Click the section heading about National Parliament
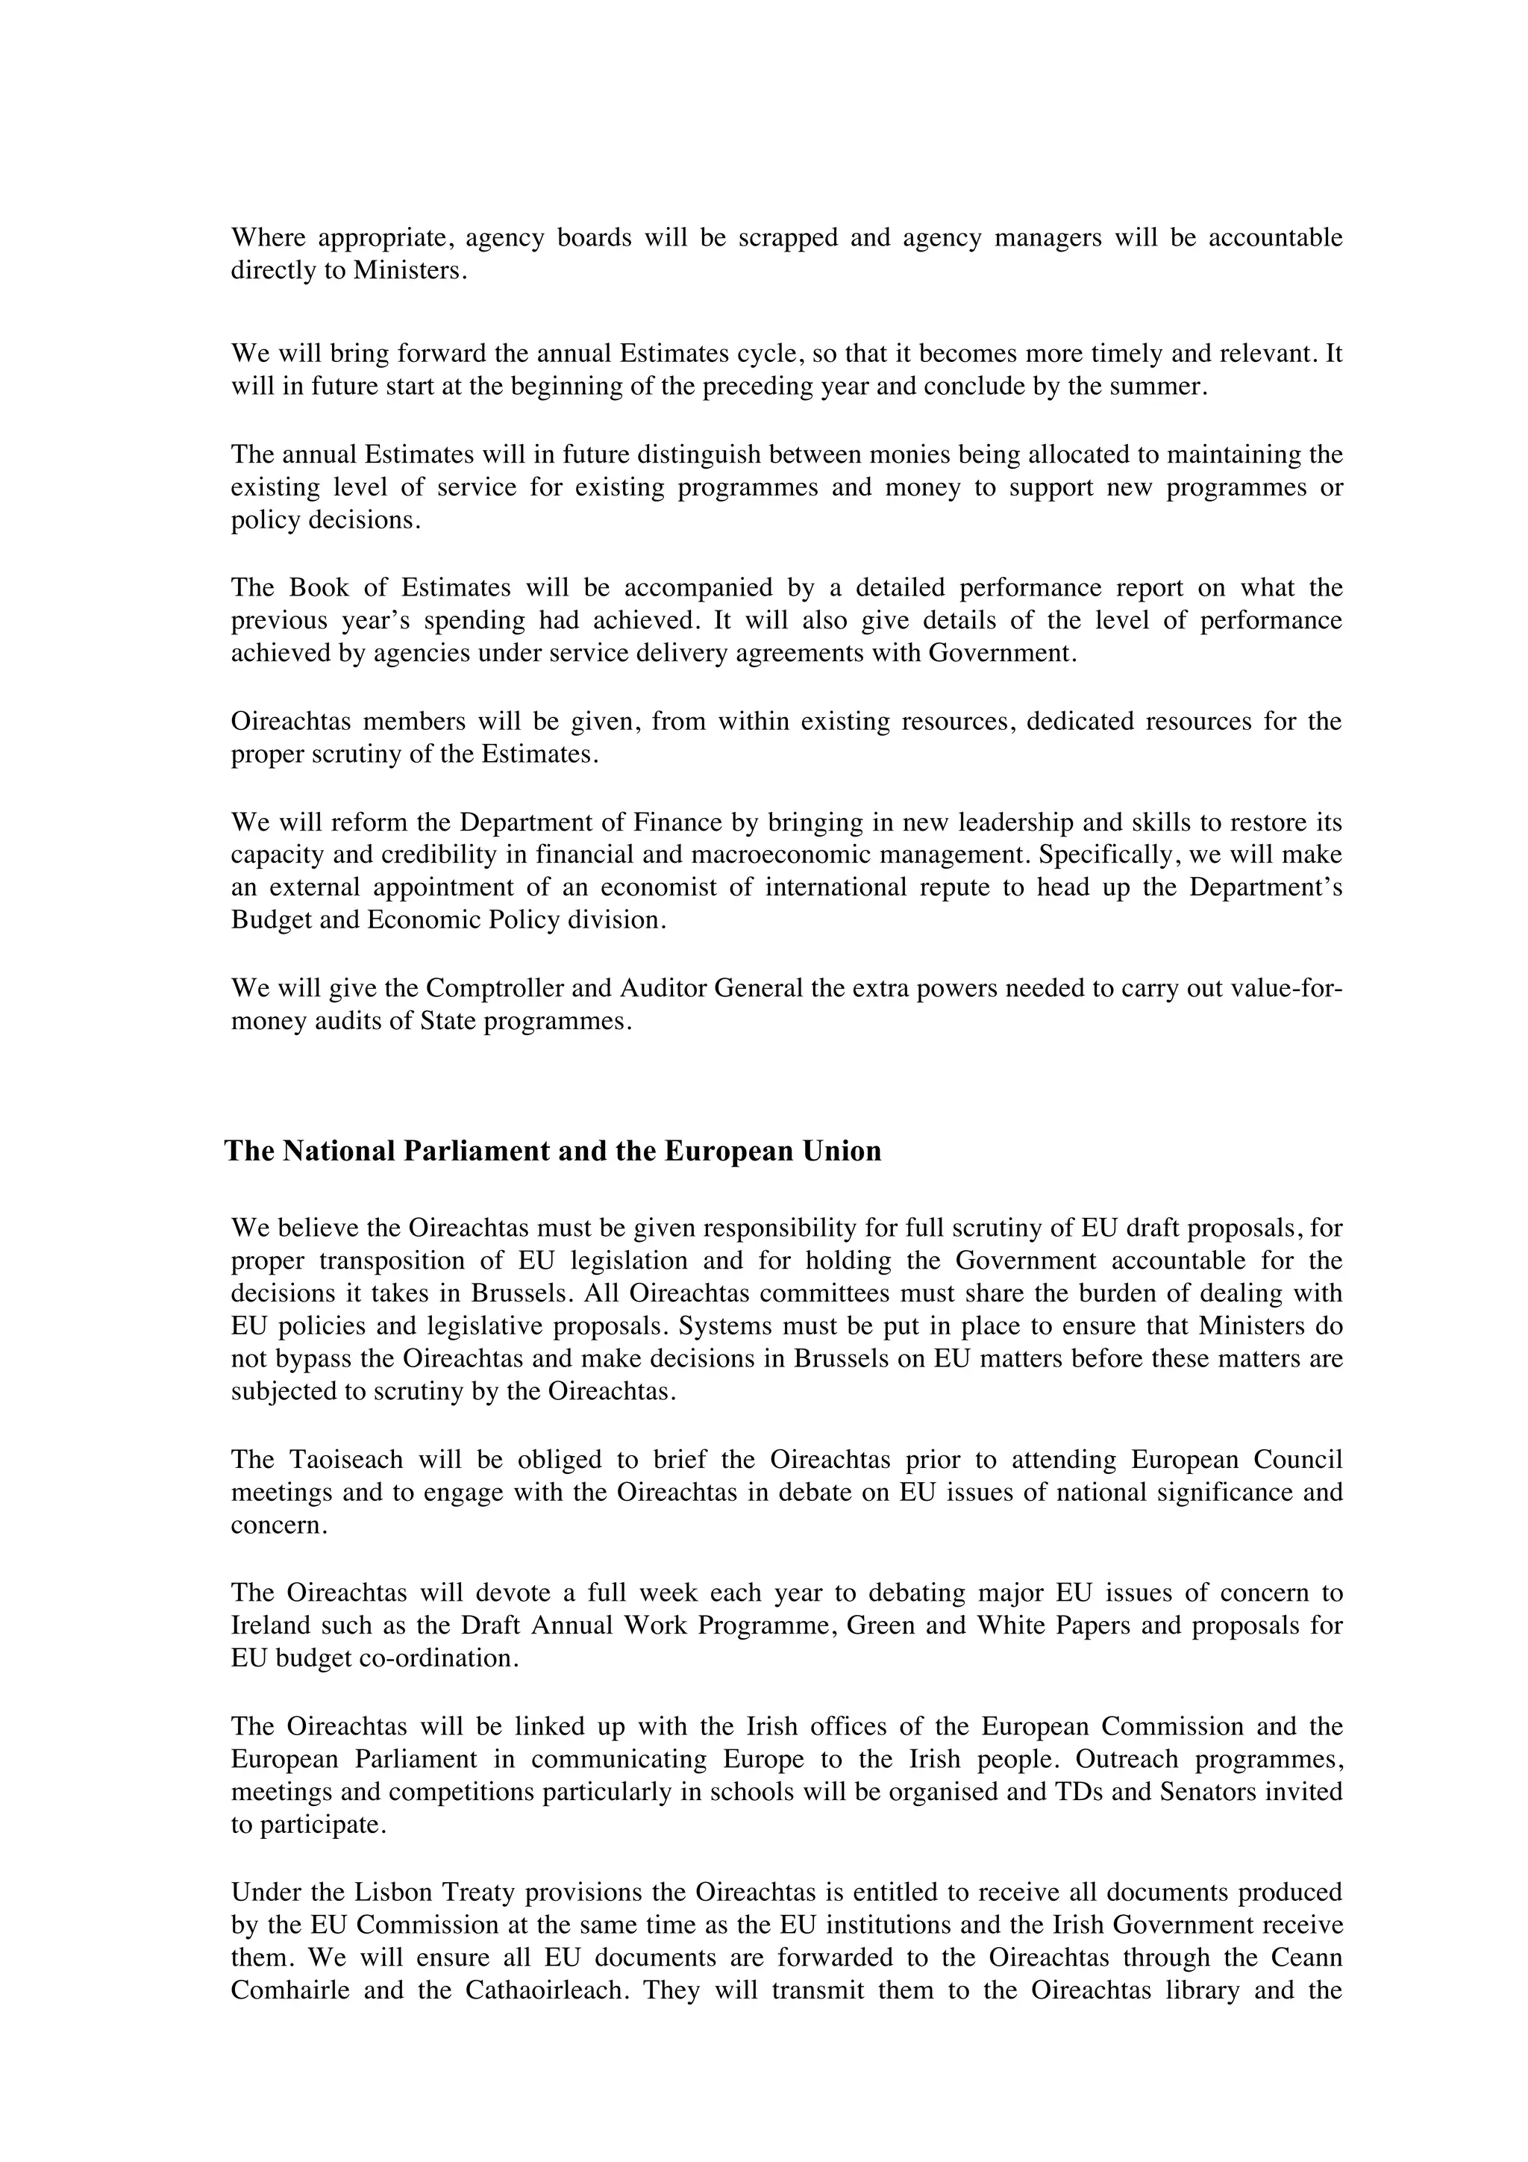[x=553, y=1152]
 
